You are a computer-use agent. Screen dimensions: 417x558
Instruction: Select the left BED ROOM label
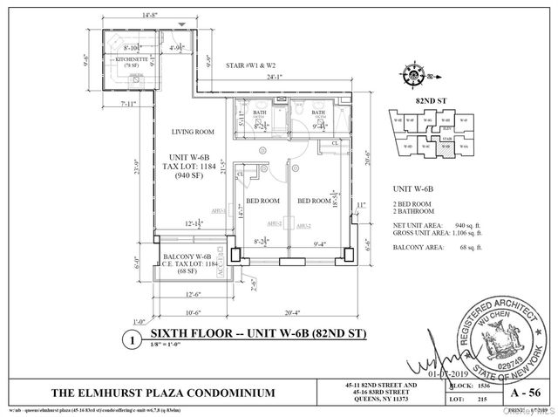(262, 201)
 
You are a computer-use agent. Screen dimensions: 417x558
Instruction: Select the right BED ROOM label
(314, 201)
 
